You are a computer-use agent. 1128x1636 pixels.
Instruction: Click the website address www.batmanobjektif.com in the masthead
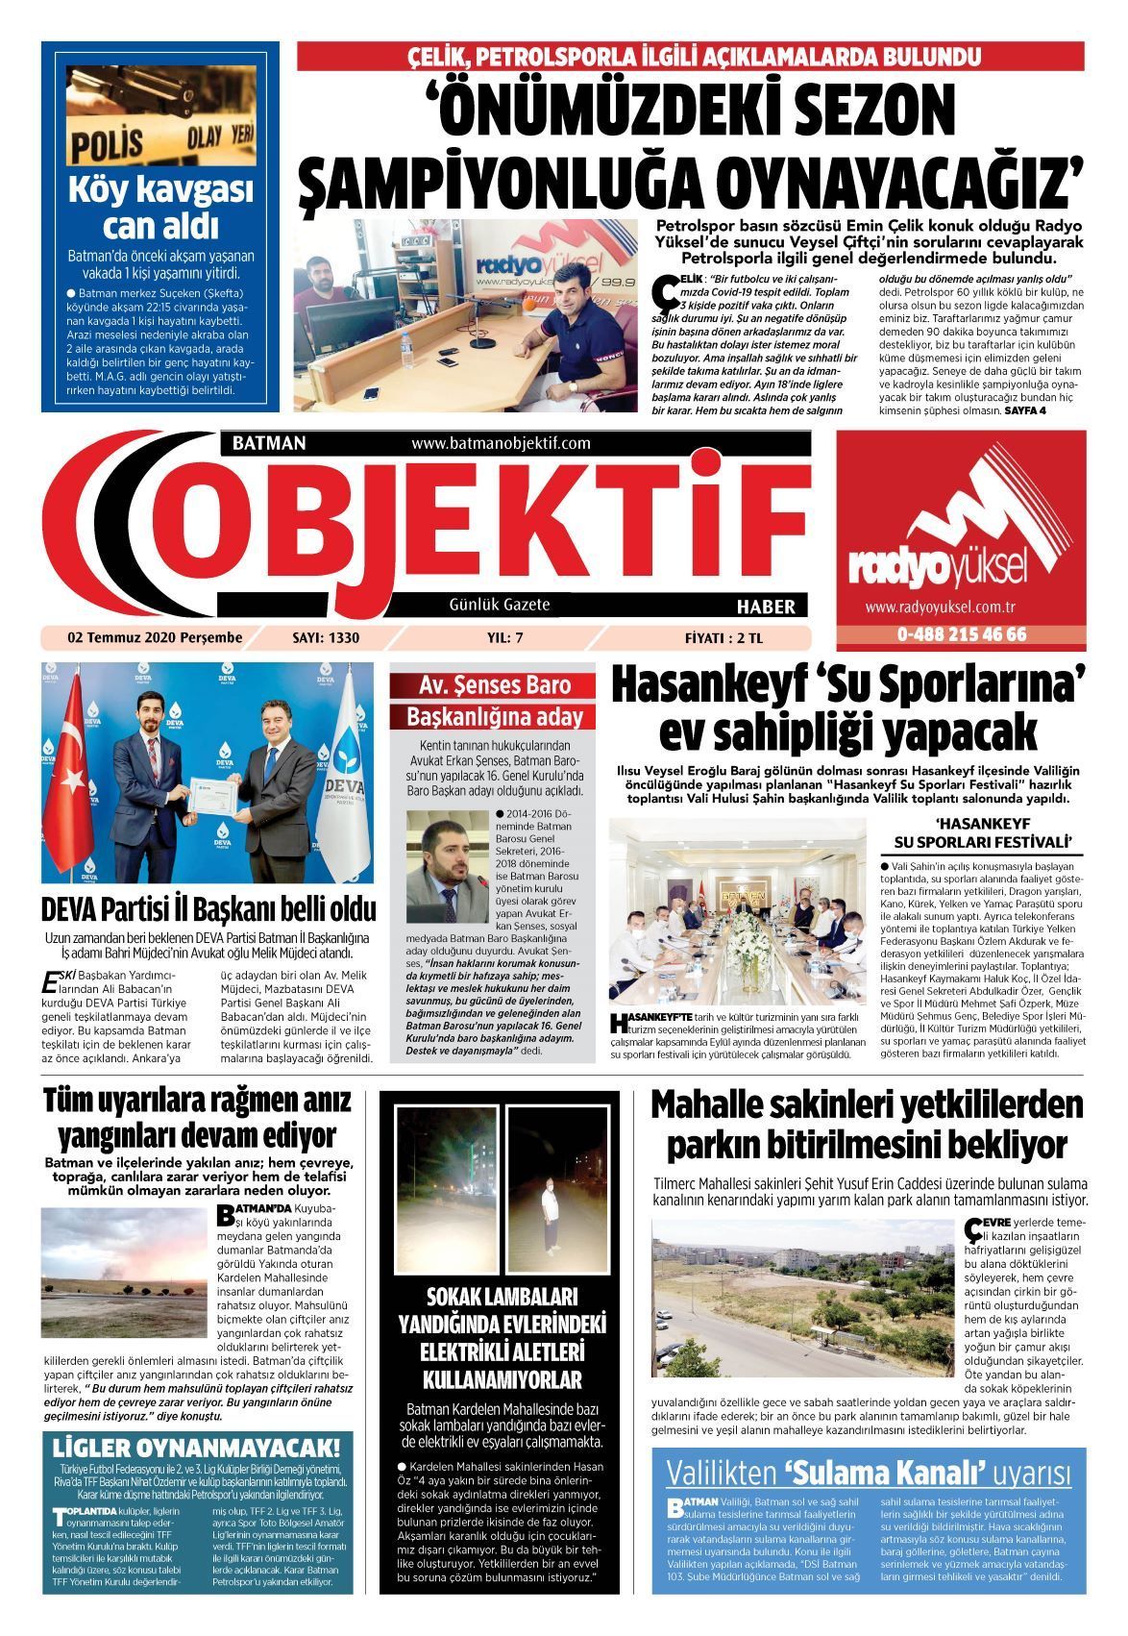[500, 444]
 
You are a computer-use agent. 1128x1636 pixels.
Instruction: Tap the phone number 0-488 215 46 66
[961, 634]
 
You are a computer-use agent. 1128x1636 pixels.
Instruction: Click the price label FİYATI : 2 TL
[728, 637]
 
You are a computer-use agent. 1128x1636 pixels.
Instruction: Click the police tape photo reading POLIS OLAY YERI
[160, 116]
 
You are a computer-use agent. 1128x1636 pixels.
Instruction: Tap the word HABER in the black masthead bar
[765, 607]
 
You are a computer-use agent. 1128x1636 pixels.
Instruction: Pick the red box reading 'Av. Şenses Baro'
[494, 686]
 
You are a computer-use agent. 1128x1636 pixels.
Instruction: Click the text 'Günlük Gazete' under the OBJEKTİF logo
[499, 605]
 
